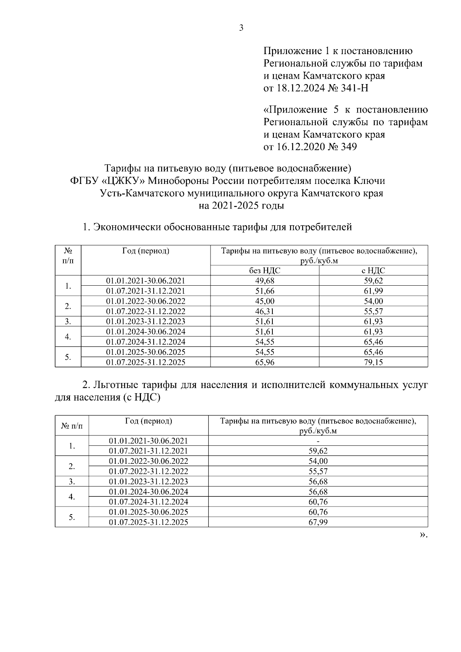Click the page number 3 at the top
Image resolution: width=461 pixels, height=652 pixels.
coord(241,28)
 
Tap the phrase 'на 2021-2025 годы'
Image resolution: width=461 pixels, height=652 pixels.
coord(241,206)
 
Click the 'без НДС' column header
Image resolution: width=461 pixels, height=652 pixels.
coord(265,271)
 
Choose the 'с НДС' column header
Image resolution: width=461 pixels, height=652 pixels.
coord(373,271)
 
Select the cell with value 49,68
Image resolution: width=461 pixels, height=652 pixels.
coord(265,281)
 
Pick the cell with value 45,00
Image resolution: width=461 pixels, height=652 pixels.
coord(265,301)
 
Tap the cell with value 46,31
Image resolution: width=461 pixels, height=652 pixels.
coord(265,311)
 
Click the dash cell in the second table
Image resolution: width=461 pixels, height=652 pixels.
coord(318,441)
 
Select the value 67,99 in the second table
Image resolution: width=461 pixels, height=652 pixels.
coord(318,522)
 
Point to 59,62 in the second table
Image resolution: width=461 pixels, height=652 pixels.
coord(318,451)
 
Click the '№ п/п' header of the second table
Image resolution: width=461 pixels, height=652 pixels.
coord(71,426)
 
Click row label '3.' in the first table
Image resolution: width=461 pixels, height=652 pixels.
coord(68,321)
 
